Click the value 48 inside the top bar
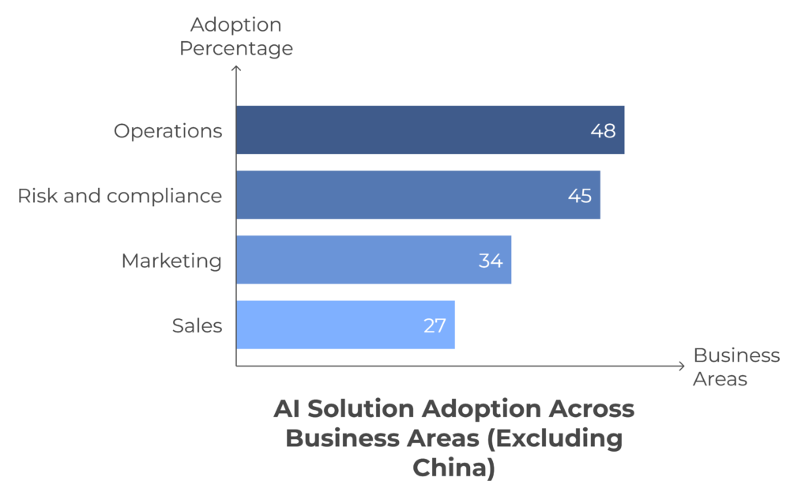pyautogui.click(x=603, y=131)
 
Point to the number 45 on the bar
pyautogui.click(x=580, y=196)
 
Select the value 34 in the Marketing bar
pyautogui.click(x=491, y=261)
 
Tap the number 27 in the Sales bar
pyautogui.click(x=435, y=325)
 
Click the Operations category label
pyautogui.click(x=167, y=131)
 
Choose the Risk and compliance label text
pyautogui.click(x=119, y=196)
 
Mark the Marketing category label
pyautogui.click(x=171, y=261)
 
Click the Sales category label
pyautogui.click(x=197, y=325)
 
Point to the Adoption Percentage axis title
pyautogui.click(x=235, y=36)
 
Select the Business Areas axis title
pyautogui.click(x=736, y=367)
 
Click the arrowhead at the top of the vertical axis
pyautogui.click(x=236, y=70)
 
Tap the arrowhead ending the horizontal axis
pyautogui.click(x=681, y=366)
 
